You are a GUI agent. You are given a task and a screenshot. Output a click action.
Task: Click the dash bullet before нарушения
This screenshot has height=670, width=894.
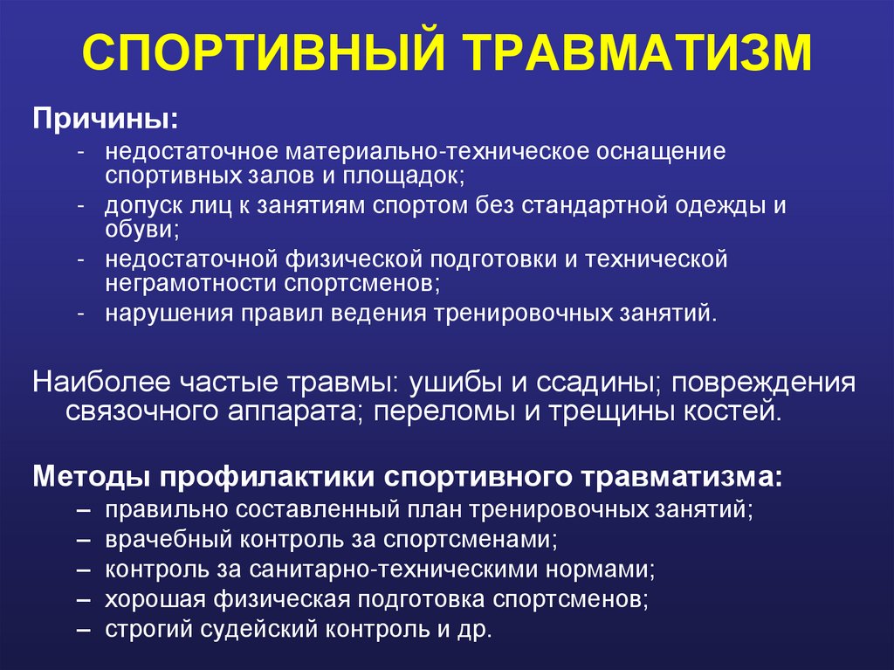click(x=80, y=314)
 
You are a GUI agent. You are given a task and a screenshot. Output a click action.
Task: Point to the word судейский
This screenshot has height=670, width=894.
click(x=246, y=629)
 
